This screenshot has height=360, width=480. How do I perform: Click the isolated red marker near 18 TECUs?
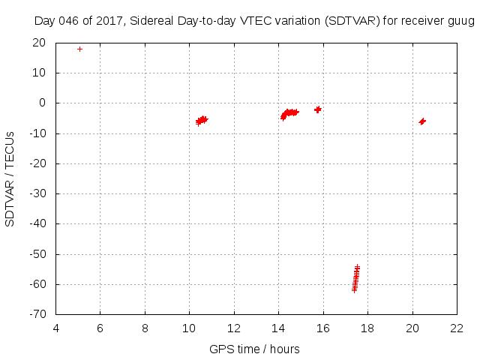(79, 49)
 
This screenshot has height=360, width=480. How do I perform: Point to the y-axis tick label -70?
(38, 314)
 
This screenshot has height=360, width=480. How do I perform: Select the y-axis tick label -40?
(38, 223)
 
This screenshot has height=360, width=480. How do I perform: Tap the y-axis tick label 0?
(43, 103)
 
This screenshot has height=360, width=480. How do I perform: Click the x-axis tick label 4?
(55, 328)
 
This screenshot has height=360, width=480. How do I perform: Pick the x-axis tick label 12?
(234, 328)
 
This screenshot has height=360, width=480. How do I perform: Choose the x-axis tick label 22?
(457, 328)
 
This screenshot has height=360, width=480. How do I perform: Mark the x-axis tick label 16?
(322, 328)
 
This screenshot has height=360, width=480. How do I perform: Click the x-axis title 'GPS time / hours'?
(254, 349)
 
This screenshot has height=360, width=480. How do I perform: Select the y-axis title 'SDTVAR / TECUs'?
(10, 178)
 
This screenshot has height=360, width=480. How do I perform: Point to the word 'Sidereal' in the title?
(151, 21)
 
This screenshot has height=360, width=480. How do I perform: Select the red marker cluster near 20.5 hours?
(422, 121)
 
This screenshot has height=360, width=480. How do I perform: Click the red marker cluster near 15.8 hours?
(318, 109)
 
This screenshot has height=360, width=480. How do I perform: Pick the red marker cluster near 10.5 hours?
(201, 120)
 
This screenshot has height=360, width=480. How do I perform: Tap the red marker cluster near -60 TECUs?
(356, 277)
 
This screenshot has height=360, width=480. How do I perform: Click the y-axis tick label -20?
(38, 163)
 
